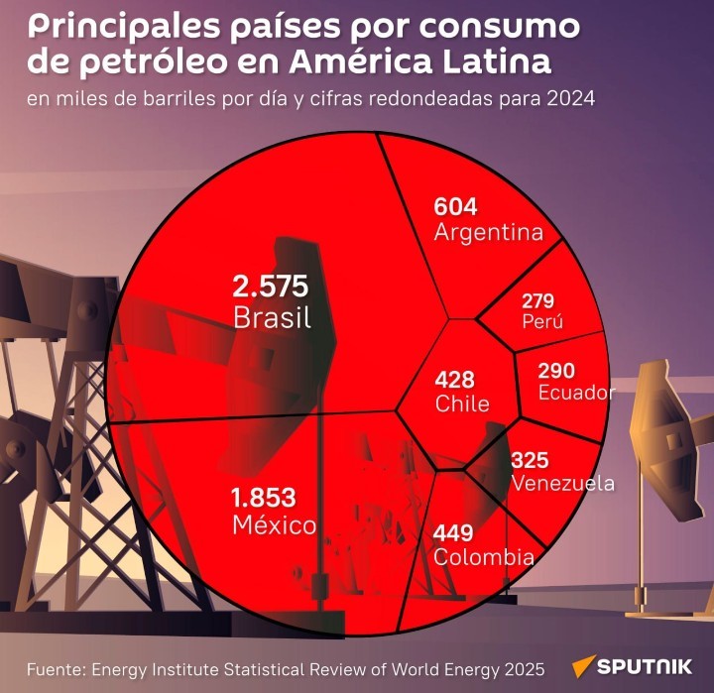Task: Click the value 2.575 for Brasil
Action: point(271,288)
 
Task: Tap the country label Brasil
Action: point(273,318)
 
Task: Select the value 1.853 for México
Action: point(264,498)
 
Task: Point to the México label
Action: point(275,524)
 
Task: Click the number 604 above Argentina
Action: point(456,207)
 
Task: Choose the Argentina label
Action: point(489,233)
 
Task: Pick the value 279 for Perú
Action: point(537,300)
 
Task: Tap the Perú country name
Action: point(541,322)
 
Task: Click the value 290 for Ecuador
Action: point(556,371)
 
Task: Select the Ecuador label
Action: point(576,393)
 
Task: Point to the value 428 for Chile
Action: point(455,380)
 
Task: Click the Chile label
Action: point(462,404)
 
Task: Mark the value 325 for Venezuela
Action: point(530,461)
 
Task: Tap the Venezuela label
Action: point(562,484)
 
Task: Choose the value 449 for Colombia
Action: point(453,533)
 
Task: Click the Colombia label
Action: point(484,557)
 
